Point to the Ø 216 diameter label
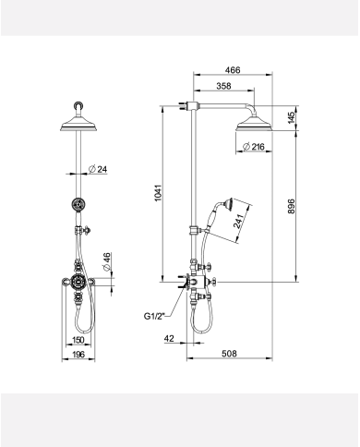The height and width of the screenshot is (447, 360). (254, 147)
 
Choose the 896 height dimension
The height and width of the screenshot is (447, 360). (291, 206)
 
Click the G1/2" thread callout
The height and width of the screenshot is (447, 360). (154, 316)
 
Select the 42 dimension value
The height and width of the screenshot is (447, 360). (169, 340)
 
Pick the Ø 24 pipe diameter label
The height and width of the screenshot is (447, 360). (100, 168)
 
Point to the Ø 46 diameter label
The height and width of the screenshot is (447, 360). (107, 260)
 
